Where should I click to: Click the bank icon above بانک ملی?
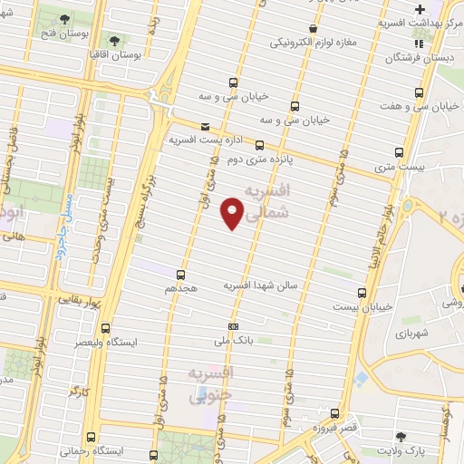[x=234, y=326]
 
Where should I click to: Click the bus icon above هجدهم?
[x=180, y=273]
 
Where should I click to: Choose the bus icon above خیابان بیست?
[x=362, y=293]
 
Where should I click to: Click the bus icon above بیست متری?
[x=399, y=152]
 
